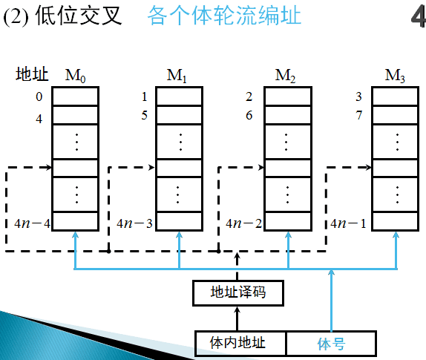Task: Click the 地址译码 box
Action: coord(237,292)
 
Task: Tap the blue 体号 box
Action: coord(332,343)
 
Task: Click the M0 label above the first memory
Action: coord(75,75)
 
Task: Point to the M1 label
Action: coord(178,75)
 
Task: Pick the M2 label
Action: coord(286,75)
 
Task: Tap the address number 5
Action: coord(145,116)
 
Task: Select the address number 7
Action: coord(358,116)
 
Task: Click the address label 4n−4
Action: coord(31,223)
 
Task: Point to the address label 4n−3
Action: coord(134,223)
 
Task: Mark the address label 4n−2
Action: coord(244,223)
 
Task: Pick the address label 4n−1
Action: coord(349,223)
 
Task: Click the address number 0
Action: coord(39,97)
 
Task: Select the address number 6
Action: coord(249,116)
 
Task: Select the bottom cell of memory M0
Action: coord(75,222)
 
